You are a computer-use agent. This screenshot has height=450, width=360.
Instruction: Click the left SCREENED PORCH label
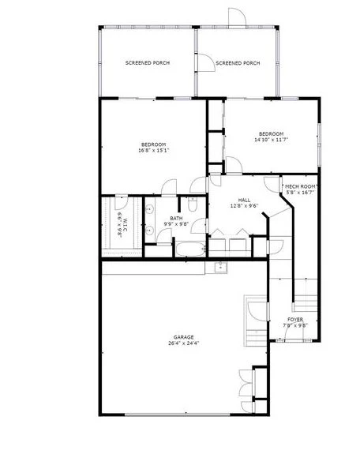148,63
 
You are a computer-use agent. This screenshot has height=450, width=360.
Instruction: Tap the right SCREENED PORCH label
238,63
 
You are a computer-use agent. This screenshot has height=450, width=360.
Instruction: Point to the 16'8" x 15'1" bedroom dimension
154,150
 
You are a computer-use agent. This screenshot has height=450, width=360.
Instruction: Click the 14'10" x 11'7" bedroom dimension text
272,140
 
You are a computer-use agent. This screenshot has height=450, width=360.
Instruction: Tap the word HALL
244,200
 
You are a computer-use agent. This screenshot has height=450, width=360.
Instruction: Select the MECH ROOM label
300,186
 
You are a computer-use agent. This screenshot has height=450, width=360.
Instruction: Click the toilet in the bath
192,204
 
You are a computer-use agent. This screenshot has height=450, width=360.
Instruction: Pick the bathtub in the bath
190,249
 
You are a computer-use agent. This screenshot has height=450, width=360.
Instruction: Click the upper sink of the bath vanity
149,209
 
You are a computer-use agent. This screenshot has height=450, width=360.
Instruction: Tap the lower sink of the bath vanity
149,230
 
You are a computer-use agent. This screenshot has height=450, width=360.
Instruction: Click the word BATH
176,219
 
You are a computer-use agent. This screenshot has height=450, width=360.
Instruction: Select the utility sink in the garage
220,268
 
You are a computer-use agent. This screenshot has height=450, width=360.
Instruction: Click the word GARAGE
184,337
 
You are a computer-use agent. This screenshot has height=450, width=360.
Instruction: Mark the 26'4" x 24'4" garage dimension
184,343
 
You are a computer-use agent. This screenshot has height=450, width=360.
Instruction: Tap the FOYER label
295,320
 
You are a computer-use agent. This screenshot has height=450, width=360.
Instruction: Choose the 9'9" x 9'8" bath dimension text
176,224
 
